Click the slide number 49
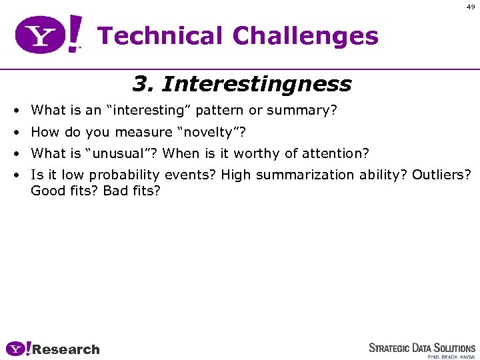471,7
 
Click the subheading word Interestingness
257,85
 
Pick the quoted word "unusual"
121,153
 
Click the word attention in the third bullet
332,153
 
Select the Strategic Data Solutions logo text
422,348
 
